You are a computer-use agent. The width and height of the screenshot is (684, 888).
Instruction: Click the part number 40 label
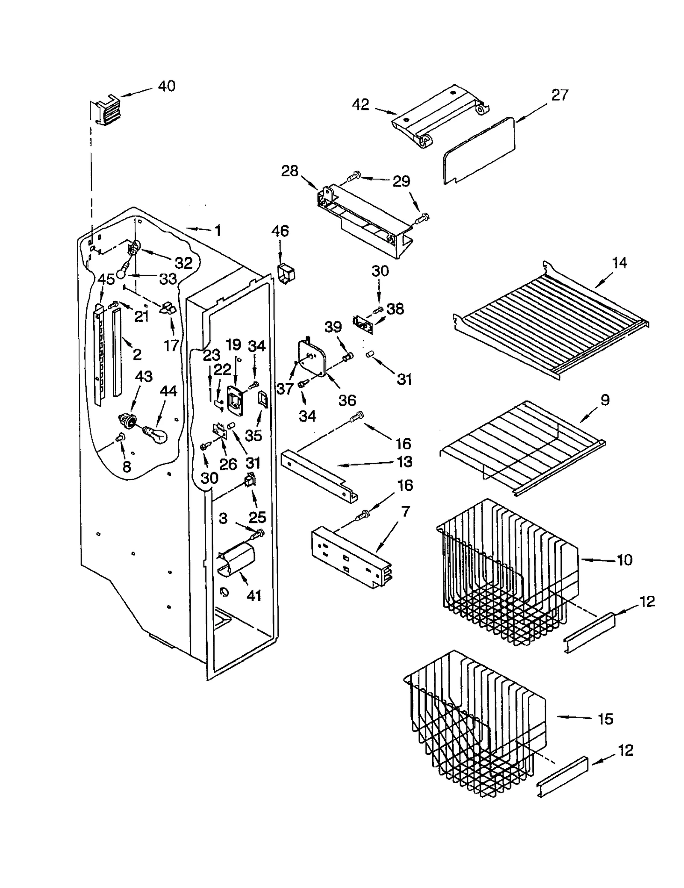point(166,86)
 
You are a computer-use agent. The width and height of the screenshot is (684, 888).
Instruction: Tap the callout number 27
point(560,95)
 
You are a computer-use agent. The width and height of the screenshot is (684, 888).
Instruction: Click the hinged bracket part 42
point(440,116)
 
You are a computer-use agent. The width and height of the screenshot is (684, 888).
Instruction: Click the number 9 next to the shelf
point(604,400)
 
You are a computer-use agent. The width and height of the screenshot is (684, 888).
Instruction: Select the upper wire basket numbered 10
point(504,573)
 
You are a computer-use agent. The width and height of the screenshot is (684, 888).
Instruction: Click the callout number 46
point(280,231)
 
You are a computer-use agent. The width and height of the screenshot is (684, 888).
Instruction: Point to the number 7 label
point(405,511)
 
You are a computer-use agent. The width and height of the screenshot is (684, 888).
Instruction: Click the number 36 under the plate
point(347,400)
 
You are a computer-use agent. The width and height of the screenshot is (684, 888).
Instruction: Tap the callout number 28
point(289,171)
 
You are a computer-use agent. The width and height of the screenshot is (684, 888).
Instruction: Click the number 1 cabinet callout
point(218,231)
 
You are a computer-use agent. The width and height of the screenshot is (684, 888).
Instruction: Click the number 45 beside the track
point(106,279)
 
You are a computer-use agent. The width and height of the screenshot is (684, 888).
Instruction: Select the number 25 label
point(257,517)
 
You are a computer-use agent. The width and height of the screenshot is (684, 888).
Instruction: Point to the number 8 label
point(127,466)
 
